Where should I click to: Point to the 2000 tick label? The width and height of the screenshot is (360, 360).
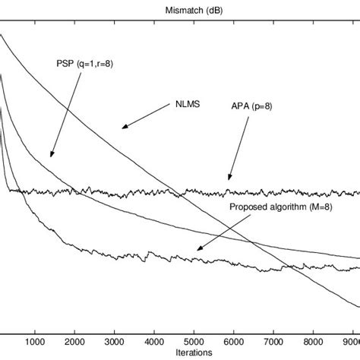pos(75,341)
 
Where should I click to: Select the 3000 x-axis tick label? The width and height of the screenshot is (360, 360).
pos(115,341)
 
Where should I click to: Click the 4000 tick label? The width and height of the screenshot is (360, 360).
pos(154,341)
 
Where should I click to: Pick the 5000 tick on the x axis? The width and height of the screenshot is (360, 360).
pos(194,341)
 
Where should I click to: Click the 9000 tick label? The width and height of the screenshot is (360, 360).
pos(349,341)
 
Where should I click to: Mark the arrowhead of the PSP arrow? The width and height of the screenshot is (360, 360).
pos(51,156)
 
